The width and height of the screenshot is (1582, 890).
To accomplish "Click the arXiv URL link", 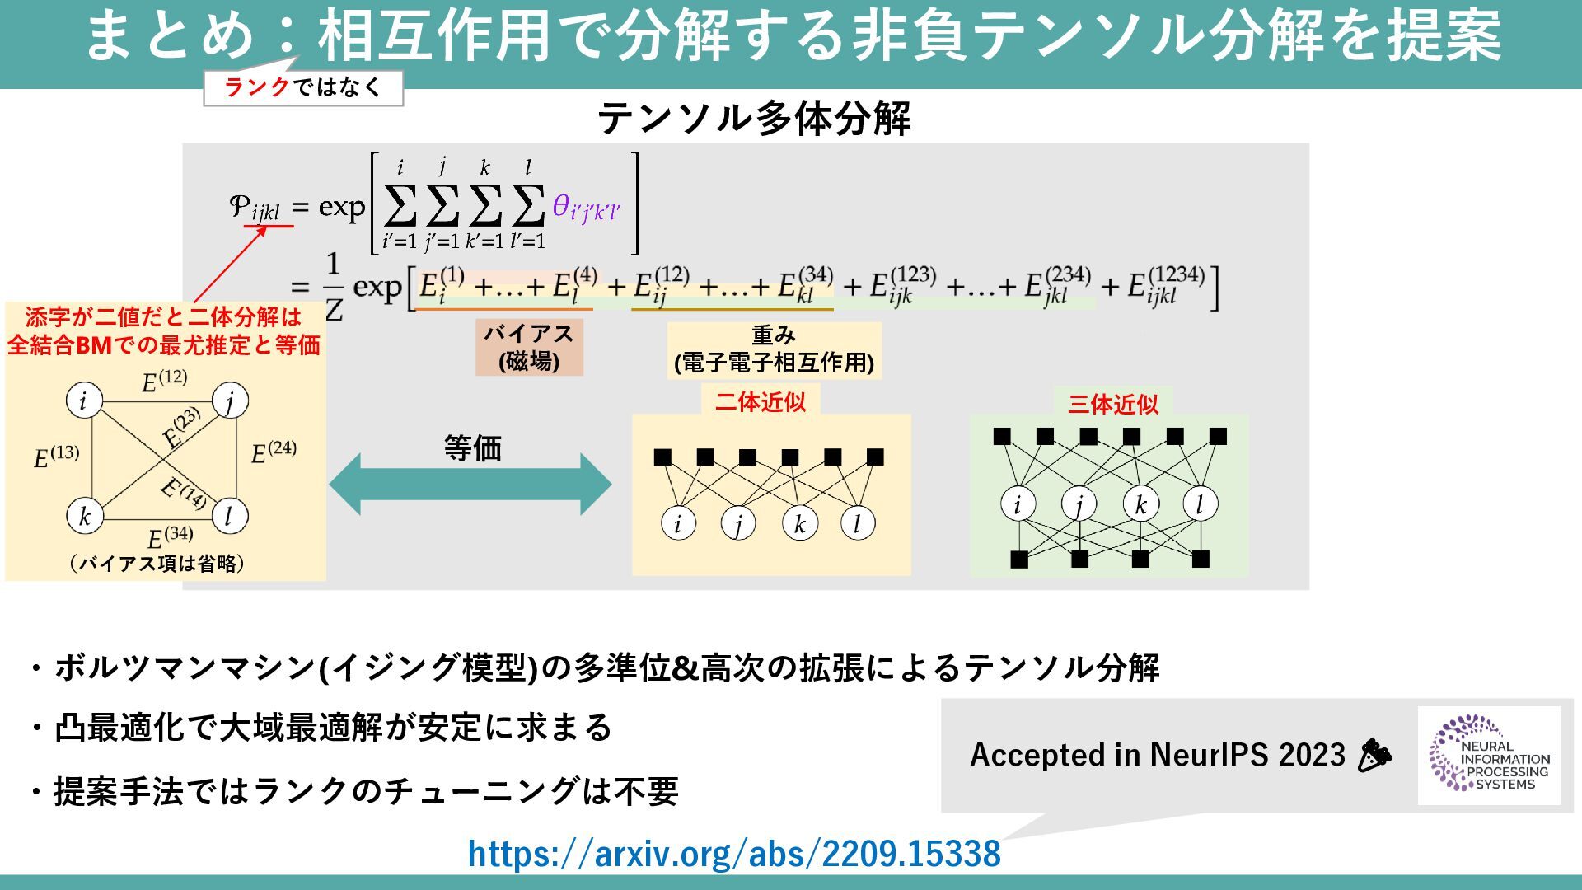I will [734, 854].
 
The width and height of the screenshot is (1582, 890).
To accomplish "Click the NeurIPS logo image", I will [1489, 755].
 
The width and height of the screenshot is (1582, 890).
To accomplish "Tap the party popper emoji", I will [1374, 755].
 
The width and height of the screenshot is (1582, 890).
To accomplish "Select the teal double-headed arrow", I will [470, 484].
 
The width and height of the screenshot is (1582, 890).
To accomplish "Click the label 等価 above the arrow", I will [472, 448].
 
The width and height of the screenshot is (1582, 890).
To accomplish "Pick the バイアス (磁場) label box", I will [529, 347].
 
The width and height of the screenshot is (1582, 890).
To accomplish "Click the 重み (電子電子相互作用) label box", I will [774, 349].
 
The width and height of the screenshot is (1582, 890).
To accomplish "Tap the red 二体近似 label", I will [760, 402].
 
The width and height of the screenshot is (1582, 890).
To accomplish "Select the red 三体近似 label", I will [1112, 404].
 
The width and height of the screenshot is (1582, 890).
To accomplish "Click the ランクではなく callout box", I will [303, 88].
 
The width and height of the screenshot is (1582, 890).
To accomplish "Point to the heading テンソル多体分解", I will [754, 119].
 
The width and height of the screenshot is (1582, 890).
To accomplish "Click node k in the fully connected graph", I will [84, 516].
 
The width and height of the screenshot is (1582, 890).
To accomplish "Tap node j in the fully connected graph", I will [230, 401].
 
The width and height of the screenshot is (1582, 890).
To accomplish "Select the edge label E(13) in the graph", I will [56, 456].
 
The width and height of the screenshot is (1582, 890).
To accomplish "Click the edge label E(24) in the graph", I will [274, 452].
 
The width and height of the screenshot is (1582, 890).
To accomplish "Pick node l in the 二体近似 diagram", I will [857, 522].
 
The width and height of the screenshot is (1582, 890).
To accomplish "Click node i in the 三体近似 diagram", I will [1018, 504].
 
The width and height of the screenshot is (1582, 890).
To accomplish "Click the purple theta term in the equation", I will [586, 208].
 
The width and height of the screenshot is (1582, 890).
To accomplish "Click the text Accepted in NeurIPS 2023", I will [1157, 755].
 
